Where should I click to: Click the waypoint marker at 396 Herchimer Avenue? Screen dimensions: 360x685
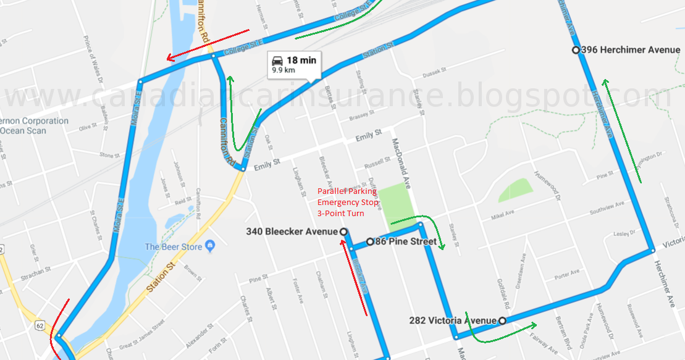pos(576,50)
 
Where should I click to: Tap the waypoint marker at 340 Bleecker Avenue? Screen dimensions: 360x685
pos(343,232)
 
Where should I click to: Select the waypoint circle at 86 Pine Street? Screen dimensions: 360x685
pos(370,241)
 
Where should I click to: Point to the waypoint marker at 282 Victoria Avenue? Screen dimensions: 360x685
pos(502,320)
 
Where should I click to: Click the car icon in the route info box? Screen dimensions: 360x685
pos(277,61)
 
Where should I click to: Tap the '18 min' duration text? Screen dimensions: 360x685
pos(301,60)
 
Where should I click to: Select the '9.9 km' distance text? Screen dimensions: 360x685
pos(284,70)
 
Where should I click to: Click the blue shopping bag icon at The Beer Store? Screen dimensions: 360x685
pos(210,246)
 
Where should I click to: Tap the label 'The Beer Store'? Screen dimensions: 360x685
pos(174,246)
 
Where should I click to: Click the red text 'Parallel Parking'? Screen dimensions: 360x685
pos(347,191)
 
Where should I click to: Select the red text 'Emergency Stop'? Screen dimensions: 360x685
pos(347,202)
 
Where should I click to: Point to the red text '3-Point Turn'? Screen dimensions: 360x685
pos(340,213)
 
